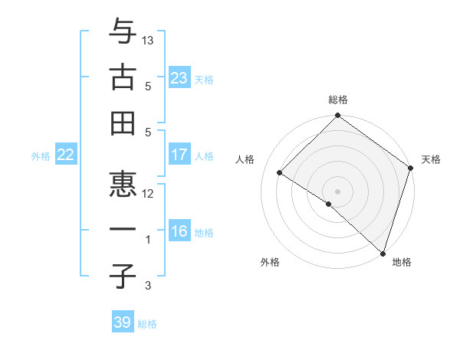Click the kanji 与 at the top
[x=123, y=33]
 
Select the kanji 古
[x=123, y=77]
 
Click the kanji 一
[x=123, y=229]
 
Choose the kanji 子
[x=123, y=276]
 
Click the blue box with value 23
[x=179, y=77]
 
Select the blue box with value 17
[x=179, y=155]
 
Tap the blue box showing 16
[x=179, y=232]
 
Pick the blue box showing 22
[x=65, y=155]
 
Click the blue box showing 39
[x=123, y=322]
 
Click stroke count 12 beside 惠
[x=148, y=193]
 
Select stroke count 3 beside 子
[x=148, y=286]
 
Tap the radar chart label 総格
[x=338, y=100]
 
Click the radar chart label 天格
[x=431, y=159]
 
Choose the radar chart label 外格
[x=270, y=262]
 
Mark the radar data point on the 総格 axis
[x=338, y=117]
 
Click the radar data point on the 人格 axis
[x=280, y=172]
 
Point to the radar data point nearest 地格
[x=382, y=253]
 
